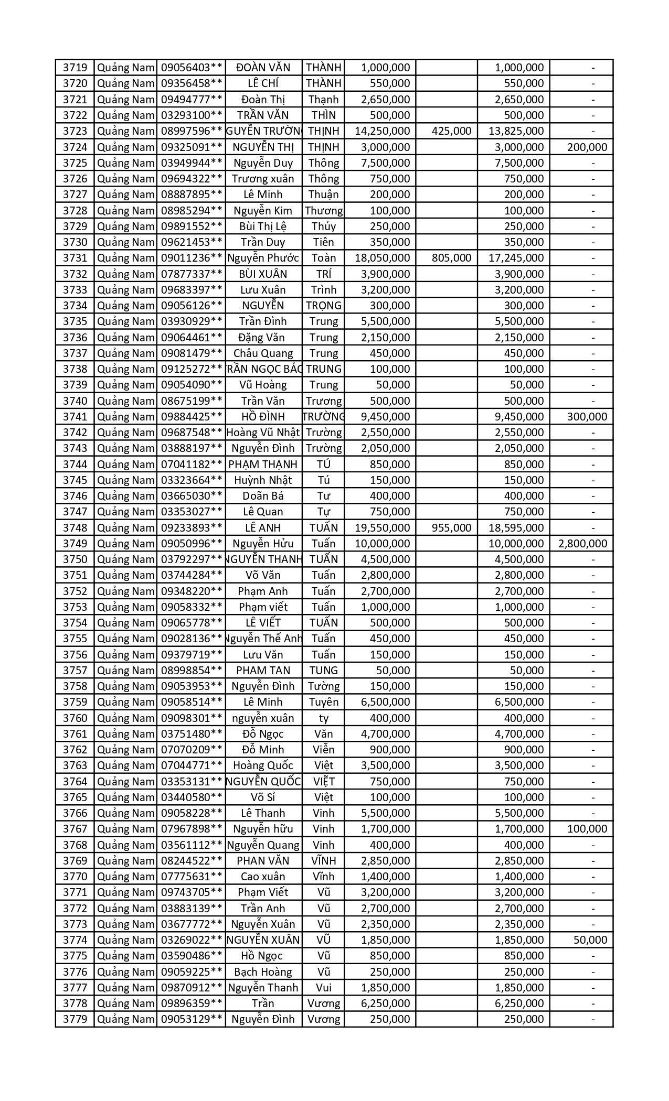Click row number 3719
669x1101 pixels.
point(75,68)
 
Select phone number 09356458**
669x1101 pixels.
point(192,83)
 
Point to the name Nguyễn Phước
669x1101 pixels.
point(263,258)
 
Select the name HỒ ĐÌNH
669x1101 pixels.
point(263,417)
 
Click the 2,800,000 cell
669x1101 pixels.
point(582,544)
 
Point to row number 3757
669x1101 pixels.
point(75,671)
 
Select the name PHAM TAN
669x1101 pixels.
point(263,671)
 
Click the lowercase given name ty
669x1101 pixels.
point(324,718)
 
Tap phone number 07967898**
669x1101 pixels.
point(192,829)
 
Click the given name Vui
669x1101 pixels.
point(324,988)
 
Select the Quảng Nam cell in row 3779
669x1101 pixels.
point(125,1019)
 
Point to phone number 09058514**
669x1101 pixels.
point(192,702)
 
